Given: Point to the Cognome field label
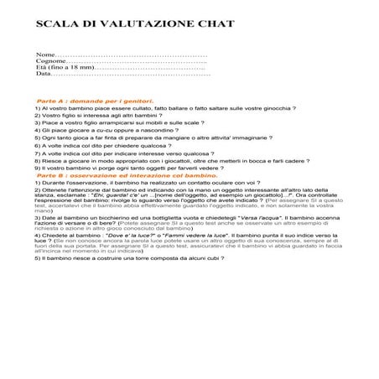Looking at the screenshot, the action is (x=50, y=60).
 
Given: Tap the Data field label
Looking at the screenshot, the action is (x=44, y=74).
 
